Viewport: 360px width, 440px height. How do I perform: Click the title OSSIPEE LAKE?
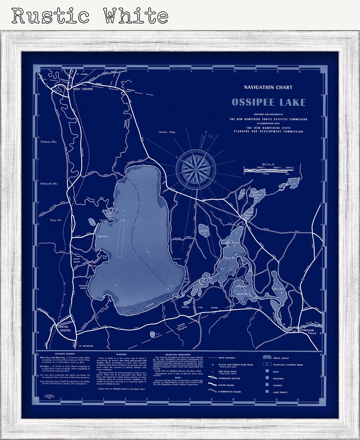(x=268, y=102)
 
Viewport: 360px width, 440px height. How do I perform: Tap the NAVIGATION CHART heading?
(x=268, y=87)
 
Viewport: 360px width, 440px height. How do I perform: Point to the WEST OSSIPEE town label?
(x=83, y=89)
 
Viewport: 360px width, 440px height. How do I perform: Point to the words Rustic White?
(x=90, y=16)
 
